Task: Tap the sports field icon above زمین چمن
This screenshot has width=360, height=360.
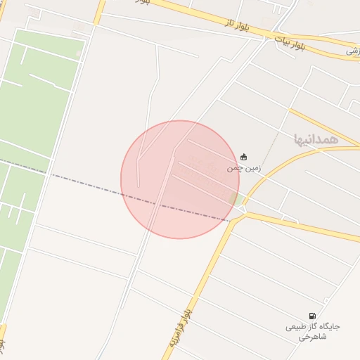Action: pos(244,156)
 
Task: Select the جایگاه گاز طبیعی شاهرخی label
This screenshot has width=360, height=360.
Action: pos(312,332)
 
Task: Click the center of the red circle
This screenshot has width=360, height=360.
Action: pos(180,179)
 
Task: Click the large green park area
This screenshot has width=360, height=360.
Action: pos(42,98)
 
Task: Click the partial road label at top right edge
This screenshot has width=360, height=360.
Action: pos(352,51)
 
